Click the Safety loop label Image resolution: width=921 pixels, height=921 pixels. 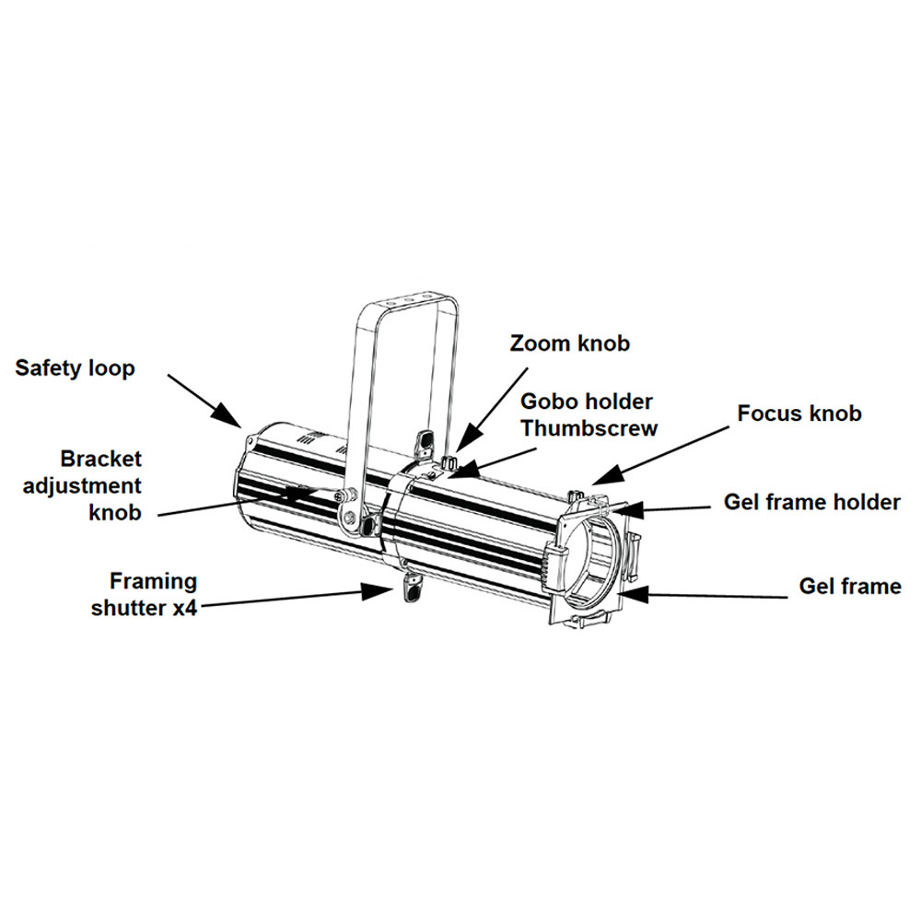(75, 368)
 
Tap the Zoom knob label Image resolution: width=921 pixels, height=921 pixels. (570, 344)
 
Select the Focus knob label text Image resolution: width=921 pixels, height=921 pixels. (799, 413)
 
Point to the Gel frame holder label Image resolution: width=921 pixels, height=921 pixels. (811, 502)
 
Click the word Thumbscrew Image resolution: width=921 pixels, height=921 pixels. (589, 428)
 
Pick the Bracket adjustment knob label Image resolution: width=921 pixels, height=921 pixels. (101, 485)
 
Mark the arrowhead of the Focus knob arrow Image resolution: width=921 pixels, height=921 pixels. (597, 481)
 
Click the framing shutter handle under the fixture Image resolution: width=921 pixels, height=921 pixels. (411, 589)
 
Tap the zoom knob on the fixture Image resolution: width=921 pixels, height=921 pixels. (451, 460)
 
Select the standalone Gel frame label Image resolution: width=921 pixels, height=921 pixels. (849, 587)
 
